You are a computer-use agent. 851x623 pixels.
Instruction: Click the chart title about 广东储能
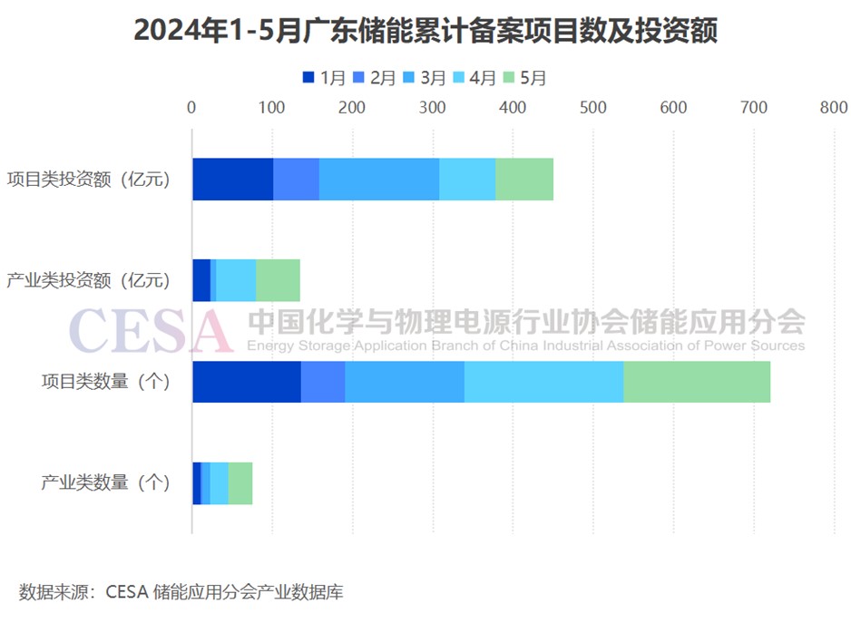click(425, 31)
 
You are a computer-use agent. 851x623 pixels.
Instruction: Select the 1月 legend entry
click(324, 78)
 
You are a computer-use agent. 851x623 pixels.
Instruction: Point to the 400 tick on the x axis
click(513, 107)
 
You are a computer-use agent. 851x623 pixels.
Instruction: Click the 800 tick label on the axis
click(834, 107)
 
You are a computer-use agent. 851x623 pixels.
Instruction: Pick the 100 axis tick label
click(271, 107)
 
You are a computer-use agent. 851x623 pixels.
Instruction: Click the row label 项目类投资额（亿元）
click(88, 180)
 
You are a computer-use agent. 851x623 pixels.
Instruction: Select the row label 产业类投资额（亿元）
click(88, 280)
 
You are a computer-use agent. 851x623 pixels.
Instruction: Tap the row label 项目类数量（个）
click(105, 382)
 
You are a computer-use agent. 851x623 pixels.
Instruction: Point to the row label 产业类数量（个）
click(105, 482)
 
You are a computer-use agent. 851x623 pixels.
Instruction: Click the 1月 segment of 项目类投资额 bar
click(232, 179)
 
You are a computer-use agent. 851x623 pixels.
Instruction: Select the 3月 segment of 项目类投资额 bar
click(378, 179)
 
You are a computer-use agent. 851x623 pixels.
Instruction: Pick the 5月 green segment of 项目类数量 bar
click(696, 381)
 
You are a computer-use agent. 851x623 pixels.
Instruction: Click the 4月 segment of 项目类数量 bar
click(543, 381)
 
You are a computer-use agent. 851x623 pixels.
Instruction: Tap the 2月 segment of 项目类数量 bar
click(322, 381)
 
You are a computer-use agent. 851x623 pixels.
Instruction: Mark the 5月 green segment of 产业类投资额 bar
click(278, 279)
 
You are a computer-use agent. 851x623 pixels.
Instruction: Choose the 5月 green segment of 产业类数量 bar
click(240, 482)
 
